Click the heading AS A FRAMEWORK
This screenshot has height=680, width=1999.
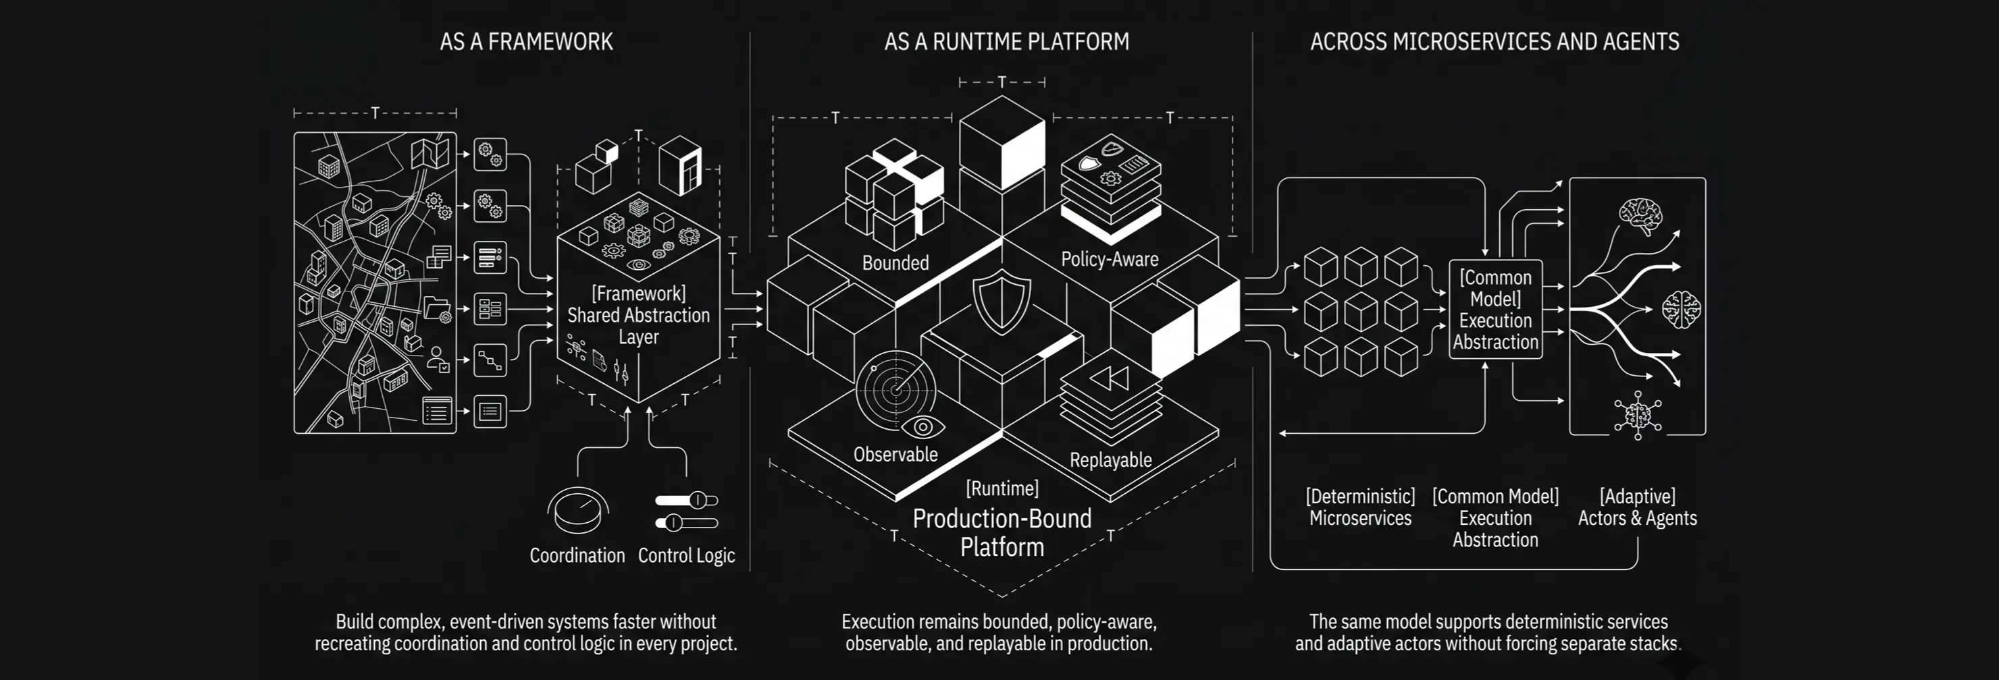coord(526,42)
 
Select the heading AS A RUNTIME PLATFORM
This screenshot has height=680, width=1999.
coord(1006,42)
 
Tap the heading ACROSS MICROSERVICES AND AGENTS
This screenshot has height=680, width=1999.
coord(1495,42)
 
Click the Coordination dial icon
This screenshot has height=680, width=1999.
coord(577,511)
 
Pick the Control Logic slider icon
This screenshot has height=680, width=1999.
coord(687,512)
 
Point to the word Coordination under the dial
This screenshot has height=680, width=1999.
coord(577,556)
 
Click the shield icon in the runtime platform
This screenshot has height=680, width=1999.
coord(1002,302)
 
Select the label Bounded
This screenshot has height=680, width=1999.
coord(895,264)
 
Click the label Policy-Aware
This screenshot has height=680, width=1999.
coord(1110,260)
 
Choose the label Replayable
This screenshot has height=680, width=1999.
coord(1110,461)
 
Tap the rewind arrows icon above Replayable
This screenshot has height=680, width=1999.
coord(1110,378)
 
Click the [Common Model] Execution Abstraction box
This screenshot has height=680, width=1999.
coord(1495,310)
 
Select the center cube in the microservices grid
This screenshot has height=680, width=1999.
coord(1360,312)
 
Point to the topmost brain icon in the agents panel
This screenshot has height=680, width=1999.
coord(1640,216)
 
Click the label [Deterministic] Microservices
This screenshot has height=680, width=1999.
coord(1360,507)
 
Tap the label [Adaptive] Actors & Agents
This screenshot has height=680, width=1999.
coord(1638,507)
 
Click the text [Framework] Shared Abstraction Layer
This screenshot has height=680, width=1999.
coord(639,316)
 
